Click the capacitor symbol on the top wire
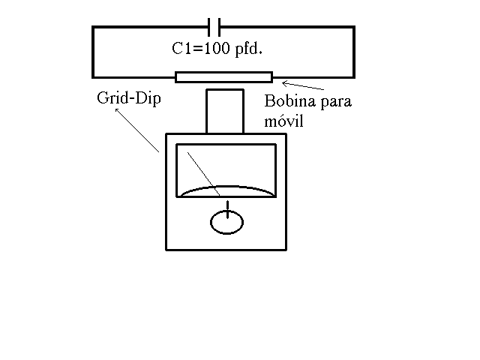point(214,27)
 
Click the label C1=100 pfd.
point(217,49)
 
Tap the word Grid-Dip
point(129,98)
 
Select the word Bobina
point(290,100)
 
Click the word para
point(336,103)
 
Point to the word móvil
point(283,121)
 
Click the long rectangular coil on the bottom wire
point(223,77)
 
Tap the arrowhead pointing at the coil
point(285,83)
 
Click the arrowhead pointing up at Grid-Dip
point(117,110)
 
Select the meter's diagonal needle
point(203,174)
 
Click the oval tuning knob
point(226,223)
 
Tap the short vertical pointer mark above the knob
point(227,209)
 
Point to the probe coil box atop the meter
point(225,112)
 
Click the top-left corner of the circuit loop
point(93,27)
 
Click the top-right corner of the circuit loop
point(354,27)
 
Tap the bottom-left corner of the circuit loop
point(93,77)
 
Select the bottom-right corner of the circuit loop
point(354,77)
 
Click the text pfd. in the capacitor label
point(248,49)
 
